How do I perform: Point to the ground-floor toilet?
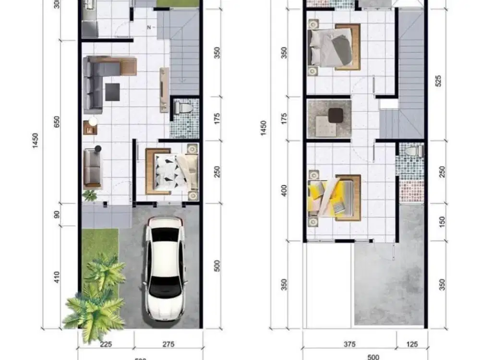(x=183, y=108)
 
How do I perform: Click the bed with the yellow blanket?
(x=333, y=197)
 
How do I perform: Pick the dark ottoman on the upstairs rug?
(x=336, y=116)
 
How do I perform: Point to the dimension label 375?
(x=349, y=344)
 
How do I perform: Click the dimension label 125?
(x=411, y=344)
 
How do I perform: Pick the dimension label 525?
(x=438, y=81)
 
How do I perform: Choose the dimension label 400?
(x=284, y=191)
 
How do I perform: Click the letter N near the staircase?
(x=149, y=27)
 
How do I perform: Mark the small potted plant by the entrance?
(x=90, y=195)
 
